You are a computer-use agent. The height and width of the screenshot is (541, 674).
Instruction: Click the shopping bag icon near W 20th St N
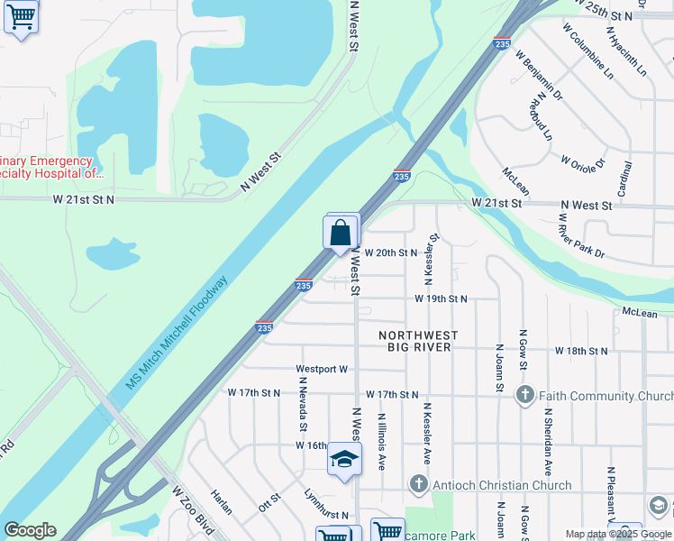pyautogui.click(x=342, y=234)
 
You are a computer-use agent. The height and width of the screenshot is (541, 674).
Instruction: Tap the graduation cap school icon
pyautogui.click(x=343, y=460)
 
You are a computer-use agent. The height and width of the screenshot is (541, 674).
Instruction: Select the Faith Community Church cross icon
pyautogui.click(x=524, y=395)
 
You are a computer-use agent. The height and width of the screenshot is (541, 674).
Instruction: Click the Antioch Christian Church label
pyautogui.click(x=501, y=485)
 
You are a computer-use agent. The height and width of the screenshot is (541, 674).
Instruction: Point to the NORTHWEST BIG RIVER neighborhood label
pyautogui.click(x=423, y=341)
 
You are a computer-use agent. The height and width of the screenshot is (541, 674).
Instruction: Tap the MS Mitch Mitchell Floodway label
pyautogui.click(x=178, y=332)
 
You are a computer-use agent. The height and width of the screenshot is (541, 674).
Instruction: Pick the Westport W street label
pyautogui.click(x=322, y=370)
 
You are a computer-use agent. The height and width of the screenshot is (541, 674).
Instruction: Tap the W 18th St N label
pyautogui.click(x=582, y=350)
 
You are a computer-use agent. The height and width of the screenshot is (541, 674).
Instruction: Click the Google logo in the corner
pyautogui.click(x=30, y=530)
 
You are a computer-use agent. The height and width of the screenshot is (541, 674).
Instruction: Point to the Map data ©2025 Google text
pyautogui.click(x=618, y=534)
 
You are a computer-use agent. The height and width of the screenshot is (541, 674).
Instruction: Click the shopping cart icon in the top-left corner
pyautogui.click(x=21, y=17)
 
